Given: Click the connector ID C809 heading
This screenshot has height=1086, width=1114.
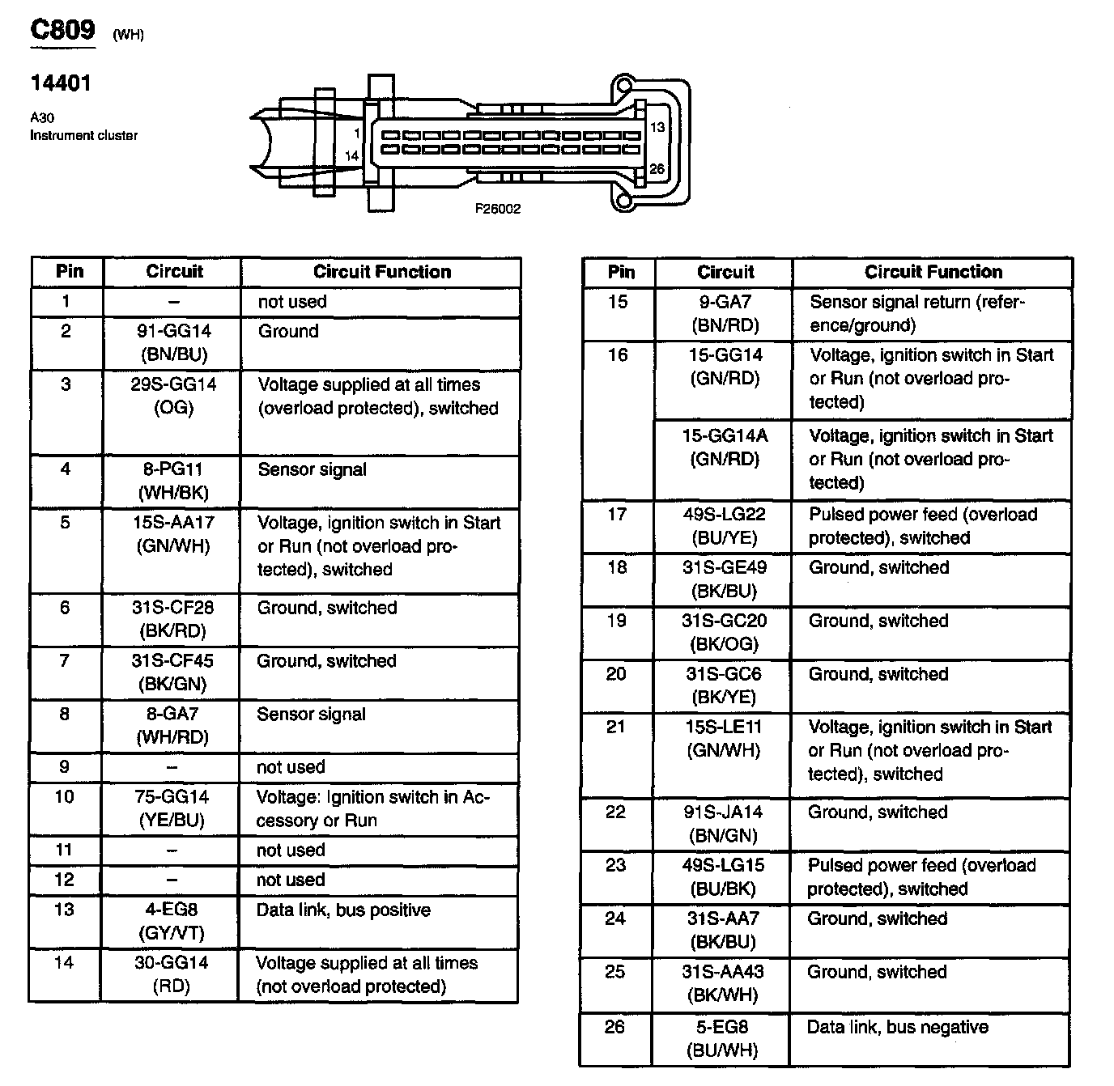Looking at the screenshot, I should point(62,30).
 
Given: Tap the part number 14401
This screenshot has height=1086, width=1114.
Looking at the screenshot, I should point(61,83).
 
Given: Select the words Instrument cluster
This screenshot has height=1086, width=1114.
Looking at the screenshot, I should point(83,135).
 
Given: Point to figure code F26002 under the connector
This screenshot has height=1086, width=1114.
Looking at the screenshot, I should point(498,209).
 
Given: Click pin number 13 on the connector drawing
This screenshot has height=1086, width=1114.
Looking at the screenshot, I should point(657,127).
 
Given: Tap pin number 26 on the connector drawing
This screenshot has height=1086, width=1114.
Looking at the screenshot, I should point(657,168).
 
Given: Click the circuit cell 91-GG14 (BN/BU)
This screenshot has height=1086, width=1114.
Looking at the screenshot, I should point(174,342).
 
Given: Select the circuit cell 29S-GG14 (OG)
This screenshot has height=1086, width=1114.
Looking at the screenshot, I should point(174,396).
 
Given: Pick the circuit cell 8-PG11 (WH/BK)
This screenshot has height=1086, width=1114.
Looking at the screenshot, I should point(173,481).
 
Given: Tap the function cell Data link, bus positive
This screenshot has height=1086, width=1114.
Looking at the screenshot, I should point(343,910).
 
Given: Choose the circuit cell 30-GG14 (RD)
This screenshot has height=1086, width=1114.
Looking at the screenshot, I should point(171,974).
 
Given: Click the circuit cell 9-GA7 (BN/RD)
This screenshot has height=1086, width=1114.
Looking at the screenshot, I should point(725,313).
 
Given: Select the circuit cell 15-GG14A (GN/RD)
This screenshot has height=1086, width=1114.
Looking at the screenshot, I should point(724,448).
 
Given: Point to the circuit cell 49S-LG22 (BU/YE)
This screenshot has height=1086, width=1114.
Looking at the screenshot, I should point(724,526).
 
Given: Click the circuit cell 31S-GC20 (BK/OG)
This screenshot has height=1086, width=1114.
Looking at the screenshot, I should point(724,632).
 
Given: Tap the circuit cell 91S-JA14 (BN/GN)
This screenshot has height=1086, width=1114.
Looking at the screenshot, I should point(723,824).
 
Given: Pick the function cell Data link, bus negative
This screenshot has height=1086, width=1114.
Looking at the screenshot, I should point(898,1028).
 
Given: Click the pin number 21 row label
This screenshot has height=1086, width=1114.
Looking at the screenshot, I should point(616,727).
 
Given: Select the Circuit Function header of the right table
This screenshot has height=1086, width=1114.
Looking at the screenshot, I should point(933,272).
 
